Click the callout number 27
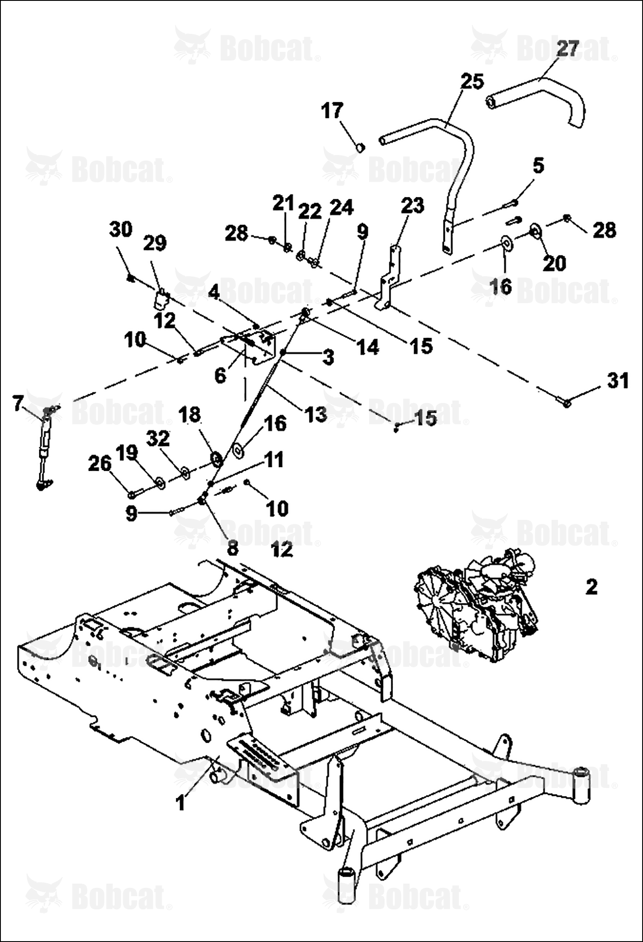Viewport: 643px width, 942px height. tap(568, 49)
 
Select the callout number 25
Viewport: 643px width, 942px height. tap(472, 81)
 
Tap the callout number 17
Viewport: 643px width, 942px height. tap(332, 111)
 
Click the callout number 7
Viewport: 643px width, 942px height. tap(18, 404)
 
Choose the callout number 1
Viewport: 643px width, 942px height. tap(181, 802)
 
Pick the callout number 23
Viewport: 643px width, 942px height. tap(412, 205)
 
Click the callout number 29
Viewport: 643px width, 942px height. tap(155, 243)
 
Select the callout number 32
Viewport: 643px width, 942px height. tap(158, 439)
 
